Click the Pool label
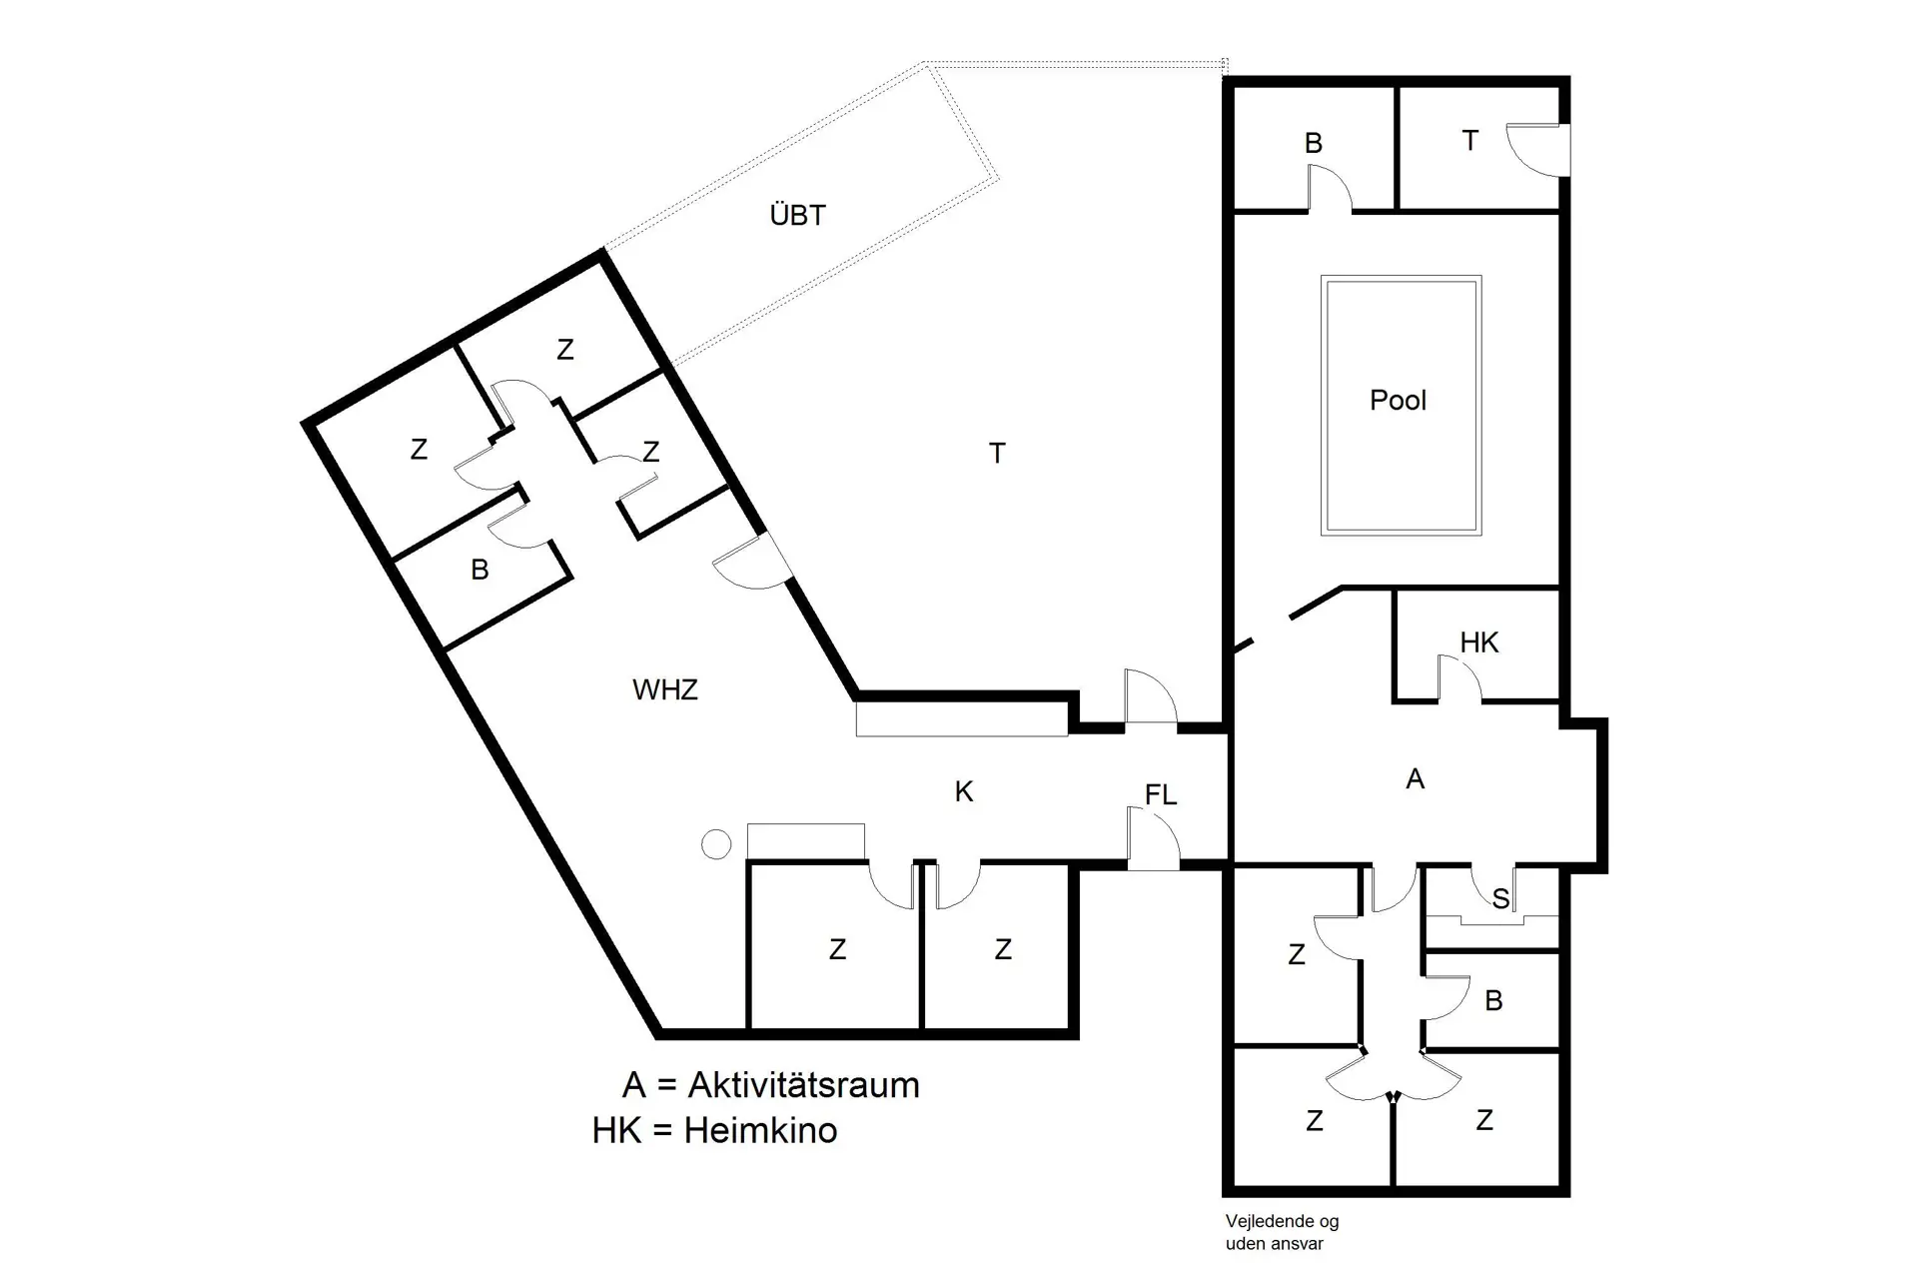[x=1398, y=401]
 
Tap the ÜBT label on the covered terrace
[x=797, y=215]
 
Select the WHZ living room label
[x=664, y=689]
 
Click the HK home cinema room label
[x=1478, y=642]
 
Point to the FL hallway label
[x=1160, y=795]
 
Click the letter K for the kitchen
[x=963, y=792]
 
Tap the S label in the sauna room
[x=1500, y=899]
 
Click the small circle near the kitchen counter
[x=715, y=844]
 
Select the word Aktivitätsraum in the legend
[x=803, y=1085]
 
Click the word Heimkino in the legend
[x=760, y=1131]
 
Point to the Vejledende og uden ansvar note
[x=1282, y=1232]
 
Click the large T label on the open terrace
[x=996, y=454]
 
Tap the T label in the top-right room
[x=1469, y=141]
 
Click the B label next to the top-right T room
[x=1313, y=144]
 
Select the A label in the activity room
[x=1415, y=779]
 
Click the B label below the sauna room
[x=1493, y=1000]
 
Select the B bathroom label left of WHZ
[x=479, y=570]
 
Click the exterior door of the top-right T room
[x=1538, y=150]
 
